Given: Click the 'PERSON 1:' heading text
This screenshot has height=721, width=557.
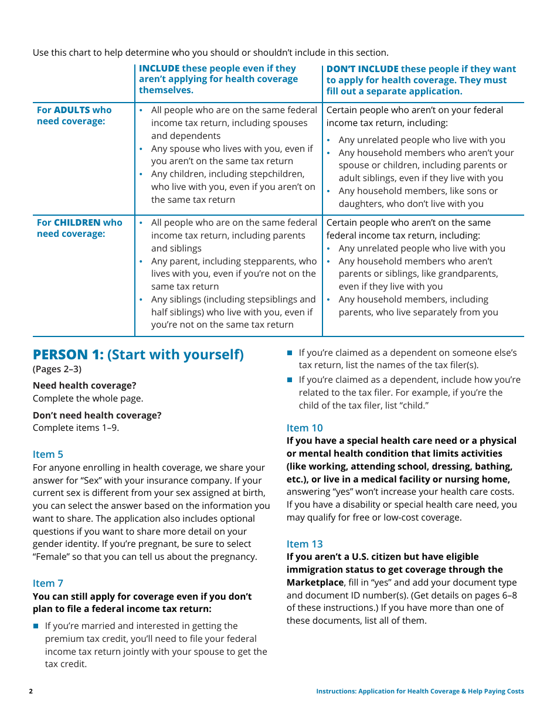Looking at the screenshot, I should coord(68,355).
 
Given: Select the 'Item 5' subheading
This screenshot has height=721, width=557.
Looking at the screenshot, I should coord(48,454).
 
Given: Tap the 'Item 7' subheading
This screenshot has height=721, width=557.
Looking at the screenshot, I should coord(48,583).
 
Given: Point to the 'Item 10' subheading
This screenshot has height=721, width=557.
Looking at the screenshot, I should coord(304,428).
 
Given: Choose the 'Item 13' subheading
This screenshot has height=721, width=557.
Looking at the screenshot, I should coord(304,544).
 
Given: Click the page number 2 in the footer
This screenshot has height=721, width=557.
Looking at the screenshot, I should coord(31,691).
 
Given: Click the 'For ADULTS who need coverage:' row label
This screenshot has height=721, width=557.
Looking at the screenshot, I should coord(74,115).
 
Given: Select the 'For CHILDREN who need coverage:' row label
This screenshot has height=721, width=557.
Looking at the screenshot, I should coord(79,228).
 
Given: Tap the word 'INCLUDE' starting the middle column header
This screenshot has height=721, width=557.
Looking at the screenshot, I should coord(159,69).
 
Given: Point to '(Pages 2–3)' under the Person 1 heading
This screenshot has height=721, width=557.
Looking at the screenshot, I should coord(57,369).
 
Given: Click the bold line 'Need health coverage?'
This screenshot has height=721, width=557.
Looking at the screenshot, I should coord(84,385).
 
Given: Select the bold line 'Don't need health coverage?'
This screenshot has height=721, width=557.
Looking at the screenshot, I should coord(97,415).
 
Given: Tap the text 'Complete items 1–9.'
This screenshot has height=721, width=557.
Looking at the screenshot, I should coord(76,428).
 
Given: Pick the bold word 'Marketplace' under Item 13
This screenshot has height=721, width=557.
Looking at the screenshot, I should coord(315,582).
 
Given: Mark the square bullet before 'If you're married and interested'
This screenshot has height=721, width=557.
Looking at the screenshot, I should coord(36,626).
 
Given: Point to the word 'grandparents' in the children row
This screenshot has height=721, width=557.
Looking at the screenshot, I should coord(470,274).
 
